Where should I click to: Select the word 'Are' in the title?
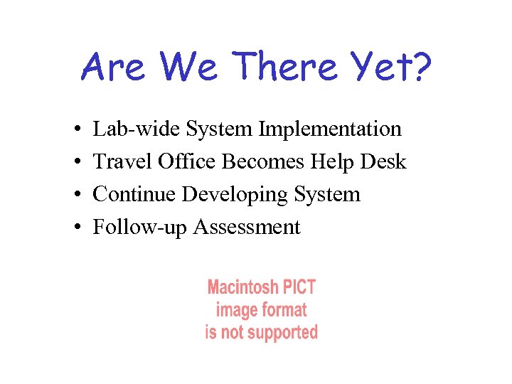pyautogui.click(x=114, y=68)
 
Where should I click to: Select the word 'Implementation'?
pyautogui.click(x=330, y=129)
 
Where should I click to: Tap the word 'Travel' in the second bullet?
pyautogui.click(x=117, y=161)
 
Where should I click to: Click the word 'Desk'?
pyautogui.click(x=383, y=161)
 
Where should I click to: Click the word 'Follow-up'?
pyautogui.click(x=141, y=228)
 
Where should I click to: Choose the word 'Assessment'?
pyautogui.click(x=247, y=227)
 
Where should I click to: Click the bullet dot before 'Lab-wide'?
pyautogui.click(x=75, y=130)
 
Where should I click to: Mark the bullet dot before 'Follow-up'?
pyautogui.click(x=75, y=228)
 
